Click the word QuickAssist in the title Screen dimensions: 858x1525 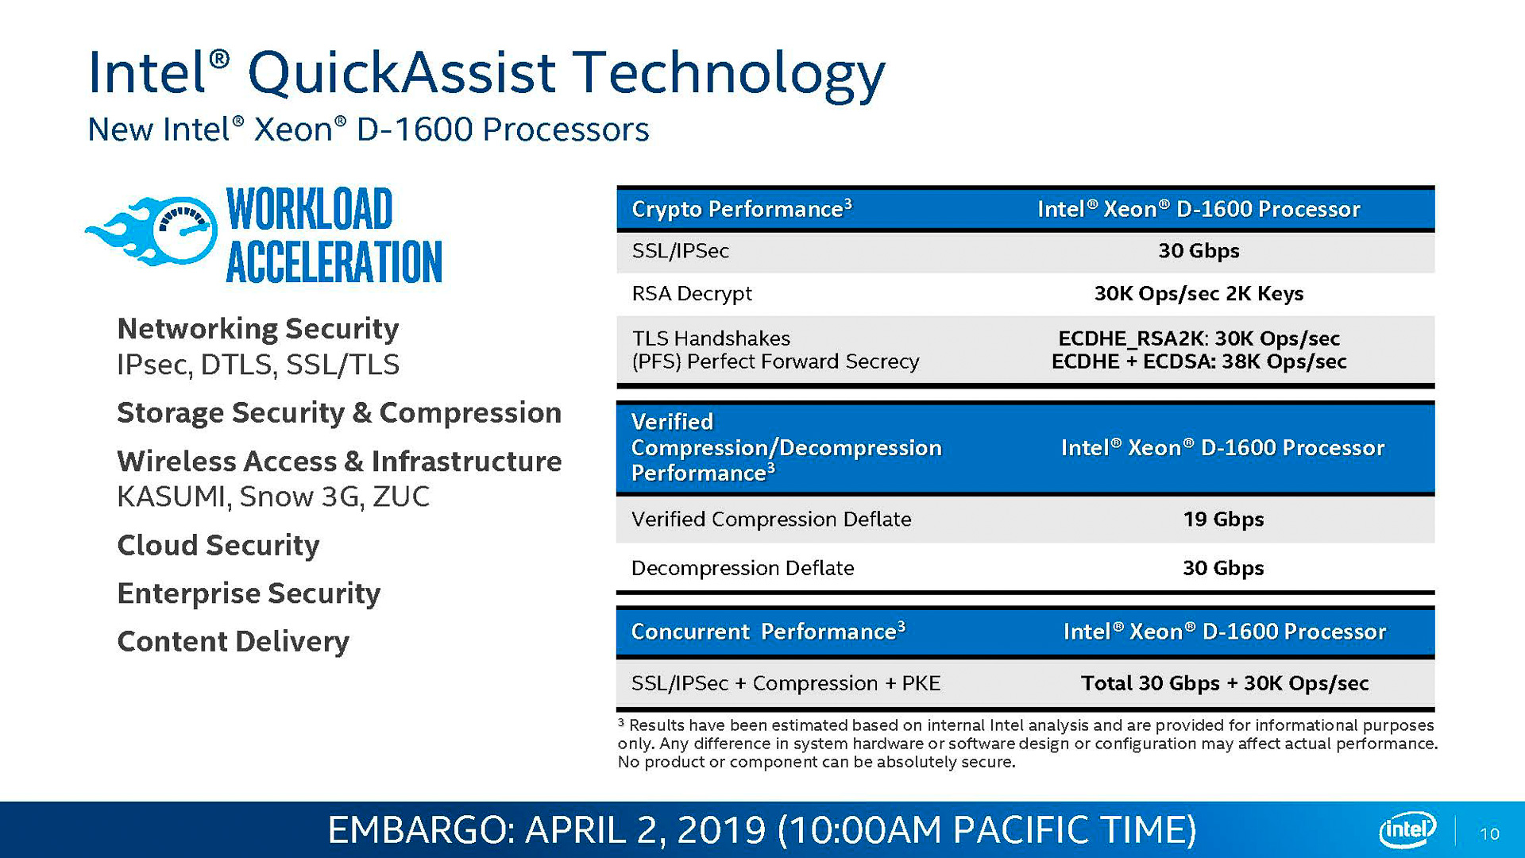pyautogui.click(x=401, y=73)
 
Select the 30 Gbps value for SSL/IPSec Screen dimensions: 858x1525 pyautogui.click(x=1199, y=251)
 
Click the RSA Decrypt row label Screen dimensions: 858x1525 pyautogui.click(x=691, y=294)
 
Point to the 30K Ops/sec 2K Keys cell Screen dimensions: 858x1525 pyautogui.click(x=1199, y=294)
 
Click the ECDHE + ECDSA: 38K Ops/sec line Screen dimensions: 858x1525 pyautogui.click(x=1199, y=362)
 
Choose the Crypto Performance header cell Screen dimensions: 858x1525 pyautogui.click(x=741, y=209)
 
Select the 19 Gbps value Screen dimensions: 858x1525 pyautogui.click(x=1223, y=520)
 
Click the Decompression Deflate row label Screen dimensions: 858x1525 pyautogui.click(x=742, y=568)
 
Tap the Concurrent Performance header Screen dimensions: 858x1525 pyautogui.click(x=767, y=632)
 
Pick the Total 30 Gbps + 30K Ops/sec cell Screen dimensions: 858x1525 pyautogui.click(x=1224, y=683)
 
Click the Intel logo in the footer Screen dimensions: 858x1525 pyautogui.click(x=1407, y=830)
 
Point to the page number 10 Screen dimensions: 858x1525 pyautogui.click(x=1489, y=833)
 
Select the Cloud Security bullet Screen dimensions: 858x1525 pyautogui.click(x=218, y=545)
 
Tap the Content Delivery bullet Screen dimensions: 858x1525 pyautogui.click(x=233, y=641)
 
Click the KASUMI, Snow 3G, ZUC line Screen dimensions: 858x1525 pyautogui.click(x=273, y=497)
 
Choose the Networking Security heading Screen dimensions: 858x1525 pyautogui.click(x=257, y=328)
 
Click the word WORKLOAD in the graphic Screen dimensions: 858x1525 pyautogui.click(x=310, y=210)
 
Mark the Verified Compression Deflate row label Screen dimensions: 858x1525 pyautogui.click(x=770, y=520)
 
